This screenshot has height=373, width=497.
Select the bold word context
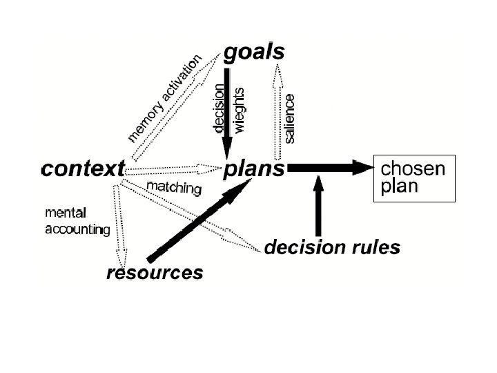83,168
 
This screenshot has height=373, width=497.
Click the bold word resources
155,272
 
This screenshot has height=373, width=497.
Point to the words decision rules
332,247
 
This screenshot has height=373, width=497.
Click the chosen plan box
414,178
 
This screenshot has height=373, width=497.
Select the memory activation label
165,97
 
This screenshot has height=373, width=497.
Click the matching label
174,188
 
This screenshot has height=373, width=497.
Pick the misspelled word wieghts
240,108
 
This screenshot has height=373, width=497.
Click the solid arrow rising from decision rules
318,207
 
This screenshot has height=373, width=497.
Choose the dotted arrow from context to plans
173,168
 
